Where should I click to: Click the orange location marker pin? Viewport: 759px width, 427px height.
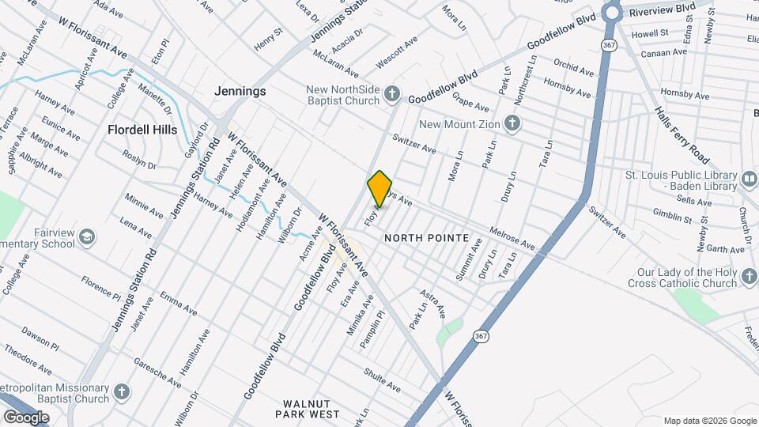click(x=380, y=188)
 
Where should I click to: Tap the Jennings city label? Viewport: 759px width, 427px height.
click(x=240, y=92)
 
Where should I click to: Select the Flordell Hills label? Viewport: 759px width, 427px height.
click(x=143, y=129)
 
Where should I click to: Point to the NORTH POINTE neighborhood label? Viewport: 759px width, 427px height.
click(x=426, y=238)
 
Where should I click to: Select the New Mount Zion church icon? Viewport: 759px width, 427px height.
click(x=512, y=124)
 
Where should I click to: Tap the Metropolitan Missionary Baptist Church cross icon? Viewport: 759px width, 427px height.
click(x=121, y=392)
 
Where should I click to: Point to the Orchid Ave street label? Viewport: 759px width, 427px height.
click(x=573, y=67)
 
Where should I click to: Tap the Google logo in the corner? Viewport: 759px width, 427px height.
click(x=25, y=417)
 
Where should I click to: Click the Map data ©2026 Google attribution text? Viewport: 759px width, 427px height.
click(x=709, y=421)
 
